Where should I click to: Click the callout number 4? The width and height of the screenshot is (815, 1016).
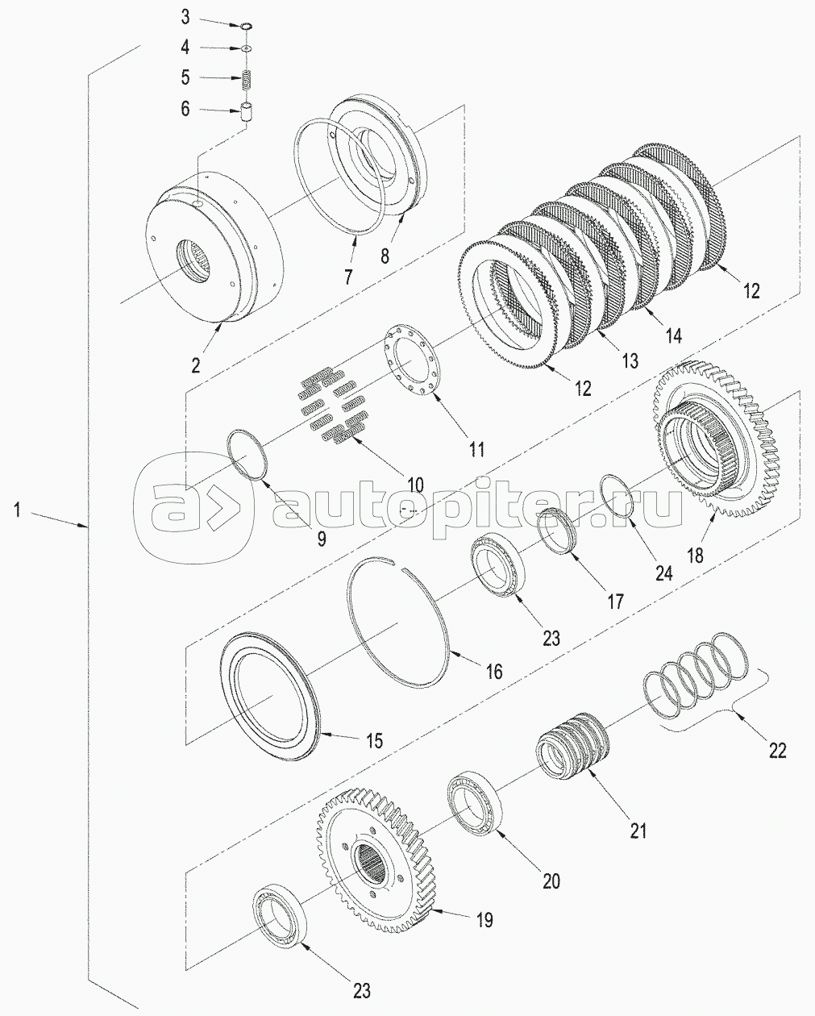point(185,48)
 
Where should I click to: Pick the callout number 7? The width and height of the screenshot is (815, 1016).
point(348,277)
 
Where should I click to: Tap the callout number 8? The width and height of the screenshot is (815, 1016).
point(385,256)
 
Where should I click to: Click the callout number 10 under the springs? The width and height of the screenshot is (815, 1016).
point(414,485)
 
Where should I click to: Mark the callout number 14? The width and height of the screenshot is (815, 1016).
point(673,335)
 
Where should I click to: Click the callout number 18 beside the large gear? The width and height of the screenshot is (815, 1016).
point(695,555)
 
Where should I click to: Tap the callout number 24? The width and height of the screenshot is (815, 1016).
point(663,573)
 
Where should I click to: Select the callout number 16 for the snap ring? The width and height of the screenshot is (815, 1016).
point(493,671)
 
